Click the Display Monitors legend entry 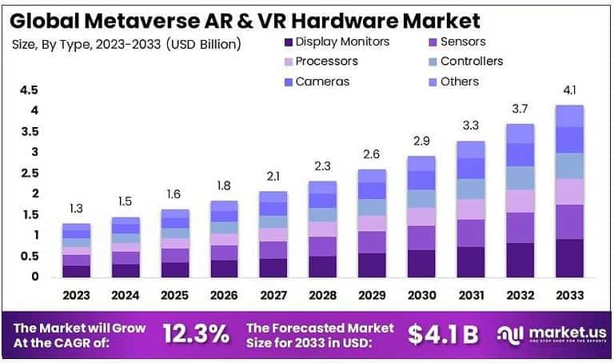[x=335, y=42]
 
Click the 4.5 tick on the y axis [x=29, y=90]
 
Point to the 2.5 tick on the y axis [x=29, y=173]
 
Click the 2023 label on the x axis [x=77, y=295]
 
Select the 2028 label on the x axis [x=323, y=295]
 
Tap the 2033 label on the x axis [x=569, y=295]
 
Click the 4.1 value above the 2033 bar [x=569, y=90]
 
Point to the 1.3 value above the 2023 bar [x=77, y=209]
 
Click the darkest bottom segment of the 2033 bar [x=569, y=257]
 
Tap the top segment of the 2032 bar [x=520, y=134]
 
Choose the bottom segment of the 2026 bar [x=225, y=268]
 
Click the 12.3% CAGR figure [x=197, y=335]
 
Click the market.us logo [x=551, y=335]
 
